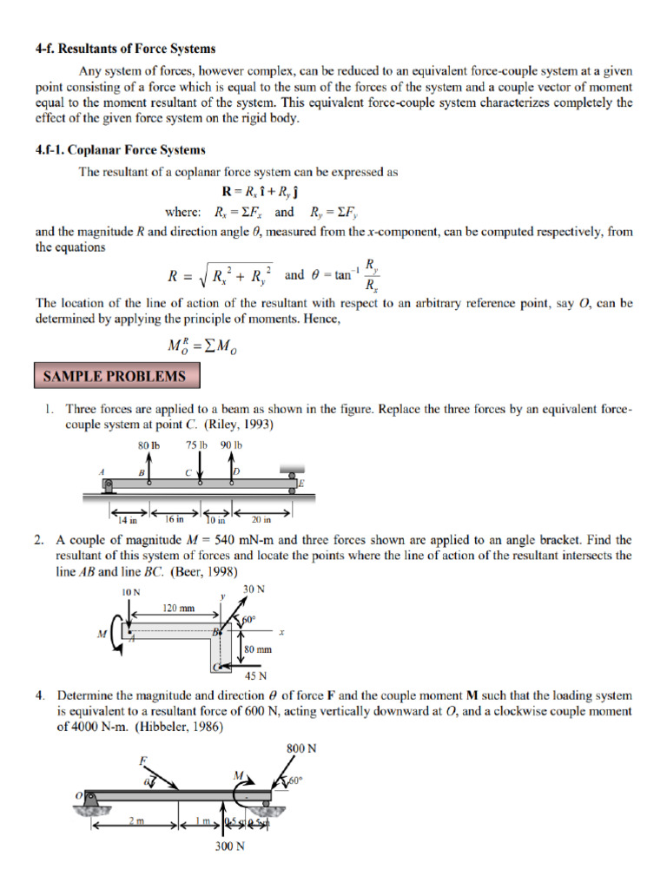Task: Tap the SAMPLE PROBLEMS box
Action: pos(116,376)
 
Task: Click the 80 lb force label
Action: pos(149,445)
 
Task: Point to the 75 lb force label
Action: pos(197,445)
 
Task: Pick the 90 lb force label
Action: pos(231,445)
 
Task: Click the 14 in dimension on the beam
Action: pos(129,520)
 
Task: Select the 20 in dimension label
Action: pos(261,520)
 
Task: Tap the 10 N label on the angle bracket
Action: pos(130,591)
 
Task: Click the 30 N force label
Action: pos(254,590)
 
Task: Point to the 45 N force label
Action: pos(255,676)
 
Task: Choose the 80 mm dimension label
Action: pos(258,649)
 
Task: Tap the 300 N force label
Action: pos(229,847)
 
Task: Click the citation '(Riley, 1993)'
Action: pos(239,425)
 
